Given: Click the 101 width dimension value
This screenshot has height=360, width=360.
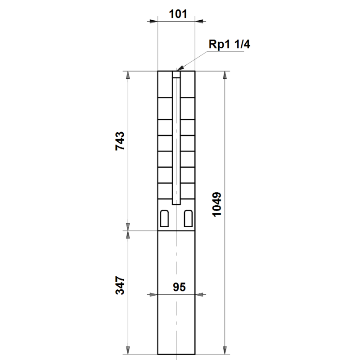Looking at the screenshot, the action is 178,14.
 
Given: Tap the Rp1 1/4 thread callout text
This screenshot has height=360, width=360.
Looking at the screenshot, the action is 229,44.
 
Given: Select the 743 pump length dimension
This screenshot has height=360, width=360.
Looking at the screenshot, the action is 120,141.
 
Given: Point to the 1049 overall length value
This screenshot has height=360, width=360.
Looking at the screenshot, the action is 217,204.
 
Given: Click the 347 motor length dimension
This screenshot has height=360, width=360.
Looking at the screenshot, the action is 120,285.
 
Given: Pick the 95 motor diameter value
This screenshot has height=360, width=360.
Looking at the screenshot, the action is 179,287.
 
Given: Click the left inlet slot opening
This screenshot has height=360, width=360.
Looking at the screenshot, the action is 164,218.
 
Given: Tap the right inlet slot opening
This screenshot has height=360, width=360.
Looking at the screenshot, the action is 189,218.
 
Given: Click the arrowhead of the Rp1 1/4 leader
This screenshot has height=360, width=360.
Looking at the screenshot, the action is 180,68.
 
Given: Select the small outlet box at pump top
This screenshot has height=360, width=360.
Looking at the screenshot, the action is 176,74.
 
